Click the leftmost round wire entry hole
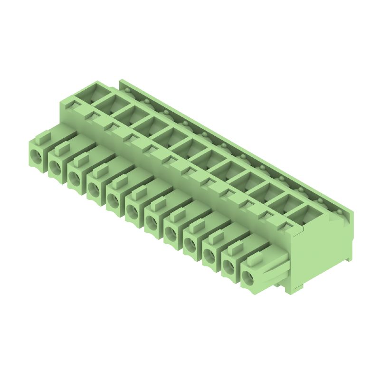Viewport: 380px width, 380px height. pyautogui.click(x=36, y=153)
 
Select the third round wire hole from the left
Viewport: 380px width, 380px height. pyautogui.click(x=74, y=177)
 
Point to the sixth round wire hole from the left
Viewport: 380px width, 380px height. pyautogui.click(x=132, y=210)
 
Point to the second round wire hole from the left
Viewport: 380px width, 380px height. pyautogui.click(x=55, y=165)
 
